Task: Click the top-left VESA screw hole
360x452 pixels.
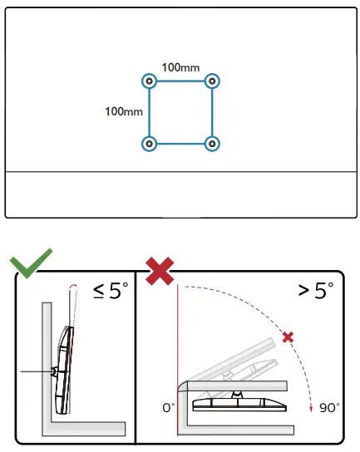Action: click(x=149, y=81)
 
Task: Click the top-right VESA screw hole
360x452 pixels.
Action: click(x=213, y=81)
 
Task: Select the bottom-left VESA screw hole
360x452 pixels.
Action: click(x=149, y=144)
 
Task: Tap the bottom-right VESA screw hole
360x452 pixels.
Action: click(x=213, y=144)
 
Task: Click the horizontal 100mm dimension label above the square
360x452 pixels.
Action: click(x=180, y=66)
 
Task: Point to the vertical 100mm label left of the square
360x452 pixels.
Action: click(x=123, y=111)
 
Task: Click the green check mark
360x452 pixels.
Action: click(x=31, y=264)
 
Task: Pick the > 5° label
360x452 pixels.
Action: click(x=315, y=292)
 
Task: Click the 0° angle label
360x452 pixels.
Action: click(x=169, y=408)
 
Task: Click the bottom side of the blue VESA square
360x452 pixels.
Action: click(x=180, y=145)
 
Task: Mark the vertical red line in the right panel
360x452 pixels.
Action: click(x=178, y=357)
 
